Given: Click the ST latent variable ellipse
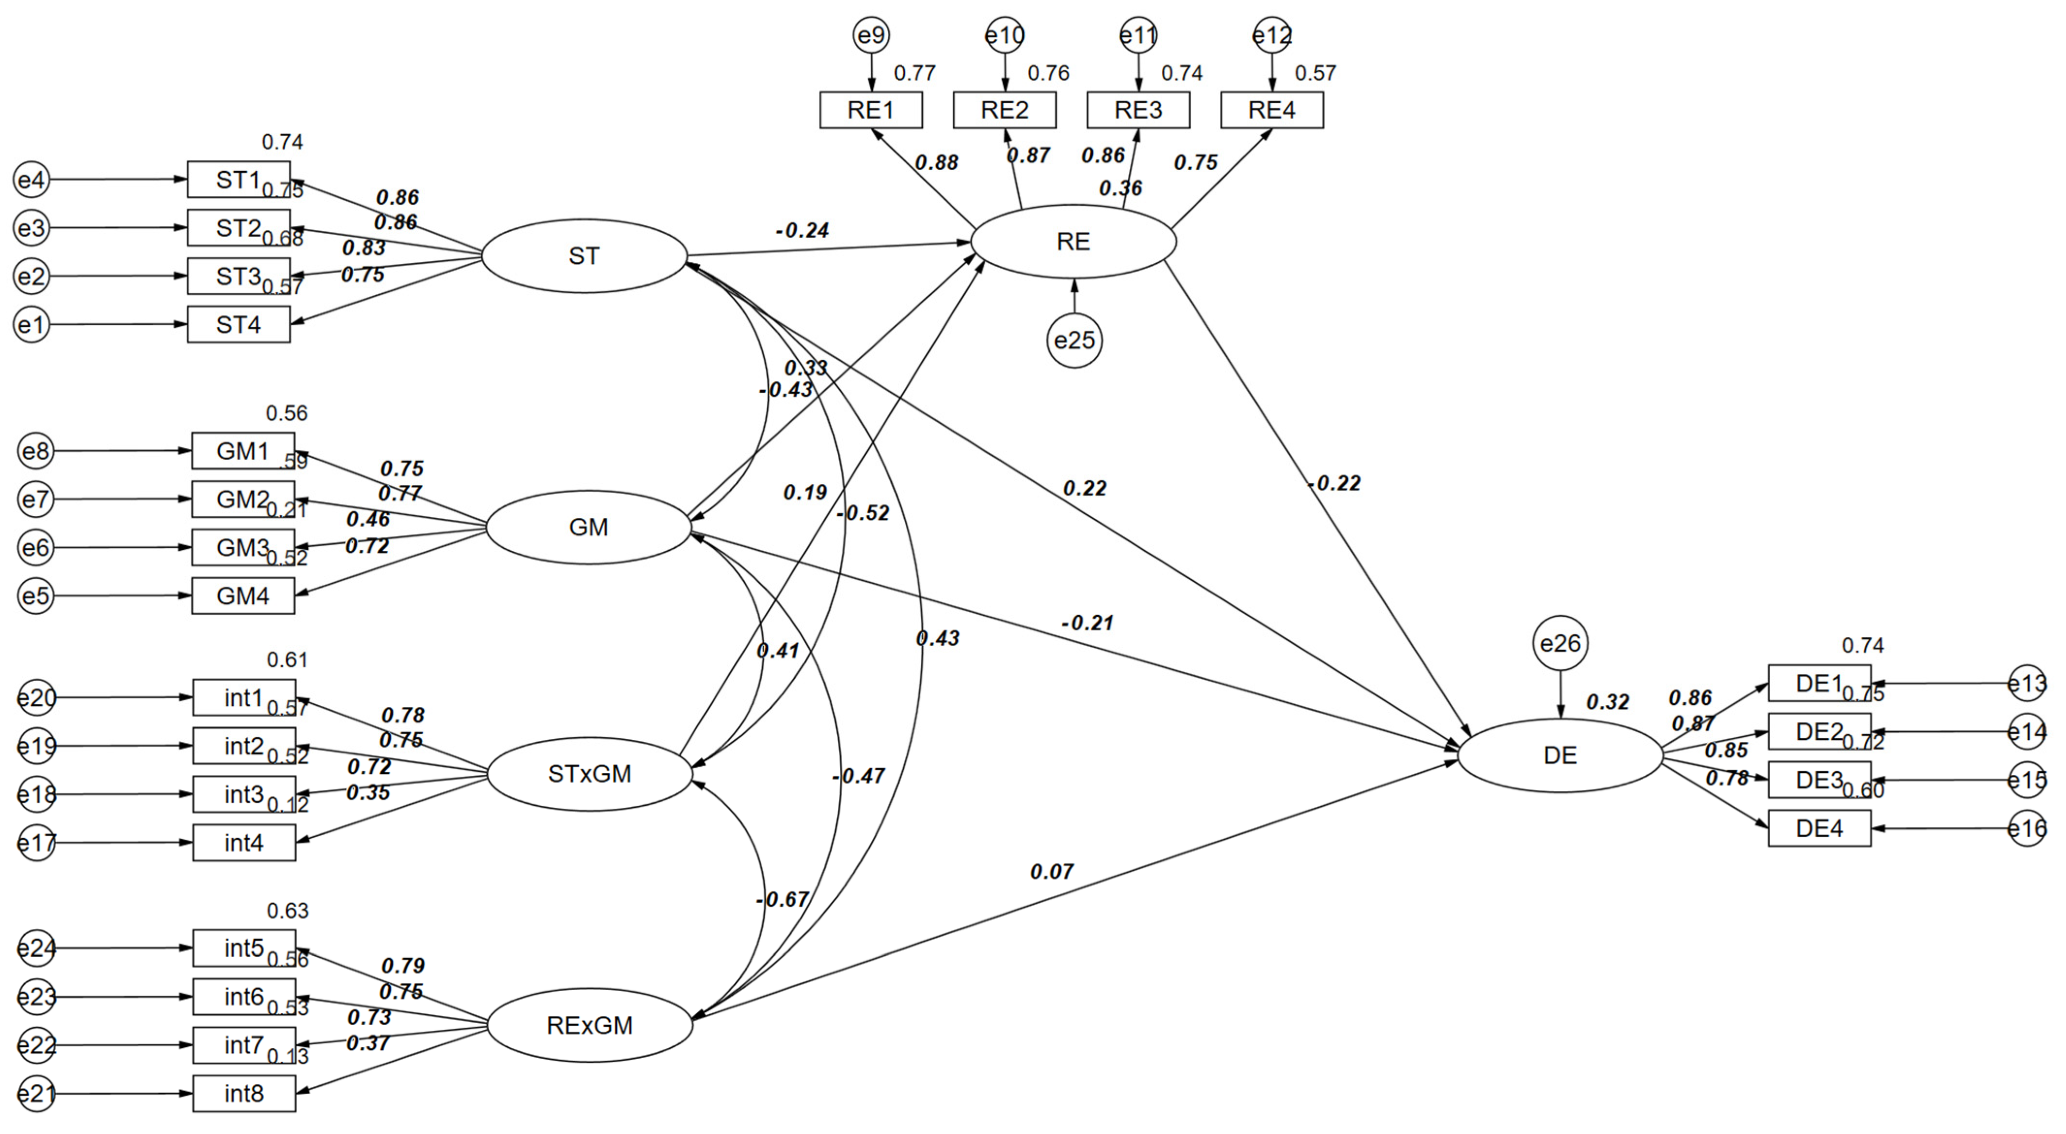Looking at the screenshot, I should [x=584, y=256].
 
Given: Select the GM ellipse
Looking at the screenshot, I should [x=589, y=527].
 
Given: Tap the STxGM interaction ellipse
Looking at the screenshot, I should [x=590, y=774].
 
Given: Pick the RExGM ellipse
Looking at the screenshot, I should [x=590, y=1025].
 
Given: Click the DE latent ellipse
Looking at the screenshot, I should [x=1560, y=755].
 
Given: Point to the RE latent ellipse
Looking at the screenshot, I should [x=1073, y=241].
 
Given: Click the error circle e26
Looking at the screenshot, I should [x=1560, y=643].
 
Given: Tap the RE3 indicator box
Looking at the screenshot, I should [x=1138, y=110].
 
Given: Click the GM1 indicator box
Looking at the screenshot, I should [x=243, y=451].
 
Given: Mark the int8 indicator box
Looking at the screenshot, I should [x=244, y=1094].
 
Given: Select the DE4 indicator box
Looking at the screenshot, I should [x=1819, y=829].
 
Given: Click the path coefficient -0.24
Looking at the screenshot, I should [x=802, y=231].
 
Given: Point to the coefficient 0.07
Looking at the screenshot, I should [x=1052, y=872].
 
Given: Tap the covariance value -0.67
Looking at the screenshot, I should [x=782, y=900].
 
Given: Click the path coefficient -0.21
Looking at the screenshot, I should [x=1088, y=623].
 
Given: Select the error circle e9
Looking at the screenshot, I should [x=871, y=35].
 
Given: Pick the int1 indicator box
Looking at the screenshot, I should [x=244, y=698].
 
